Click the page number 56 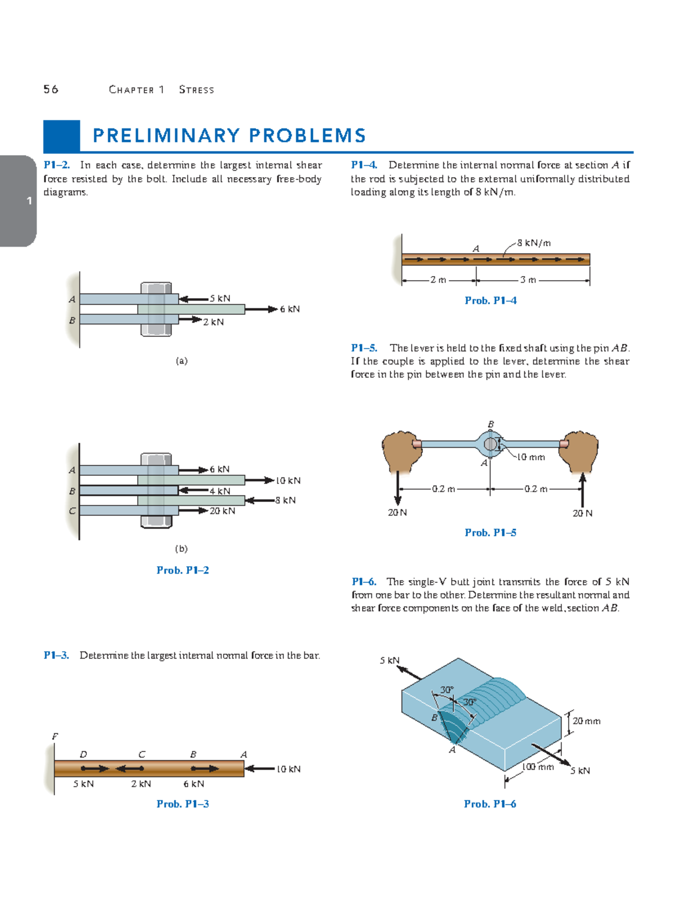51,89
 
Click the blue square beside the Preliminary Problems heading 61,136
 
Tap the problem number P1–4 364,165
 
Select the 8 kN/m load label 534,243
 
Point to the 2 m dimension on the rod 438,280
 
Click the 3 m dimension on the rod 528,280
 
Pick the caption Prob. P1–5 491,533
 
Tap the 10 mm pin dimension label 531,457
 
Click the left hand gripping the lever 401,449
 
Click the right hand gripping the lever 580,449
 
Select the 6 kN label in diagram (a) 290,309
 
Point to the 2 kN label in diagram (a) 213,322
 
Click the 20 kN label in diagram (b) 222,511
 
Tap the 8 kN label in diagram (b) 286,500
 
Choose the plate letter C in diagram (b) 72,511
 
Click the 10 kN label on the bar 288,769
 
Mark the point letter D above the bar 83,754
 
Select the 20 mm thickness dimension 586,721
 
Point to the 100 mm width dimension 538,767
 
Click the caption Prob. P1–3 182,804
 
